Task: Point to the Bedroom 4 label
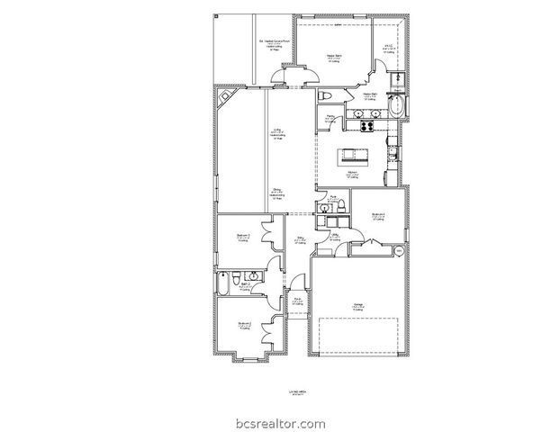tap(378, 215)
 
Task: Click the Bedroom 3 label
tap(243, 238)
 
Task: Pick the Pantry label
tap(330, 117)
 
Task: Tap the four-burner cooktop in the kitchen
tap(367, 126)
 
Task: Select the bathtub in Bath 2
tap(222, 287)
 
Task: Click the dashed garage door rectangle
tap(358, 337)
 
